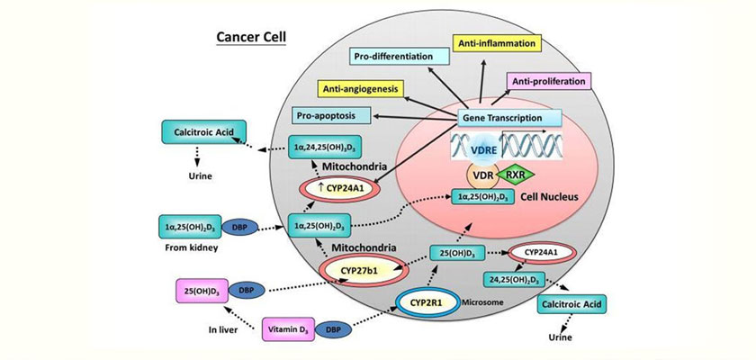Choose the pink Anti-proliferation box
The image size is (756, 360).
point(550,81)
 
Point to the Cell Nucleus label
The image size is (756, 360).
point(538,197)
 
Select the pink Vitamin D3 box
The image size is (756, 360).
point(292,330)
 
